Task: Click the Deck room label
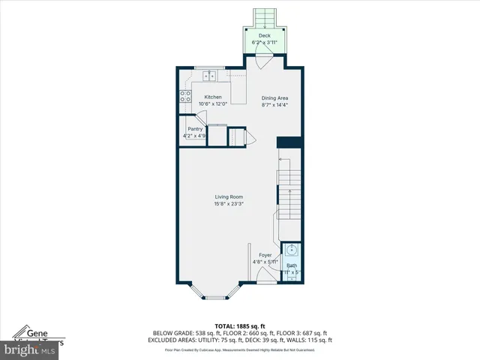264,35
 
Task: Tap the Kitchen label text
213,97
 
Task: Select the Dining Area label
274,97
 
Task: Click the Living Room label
229,197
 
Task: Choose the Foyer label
265,255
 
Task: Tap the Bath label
291,265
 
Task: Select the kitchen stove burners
184,96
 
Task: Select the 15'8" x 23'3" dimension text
229,204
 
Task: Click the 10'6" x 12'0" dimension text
213,104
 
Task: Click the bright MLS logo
29,349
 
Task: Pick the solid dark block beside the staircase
289,142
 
